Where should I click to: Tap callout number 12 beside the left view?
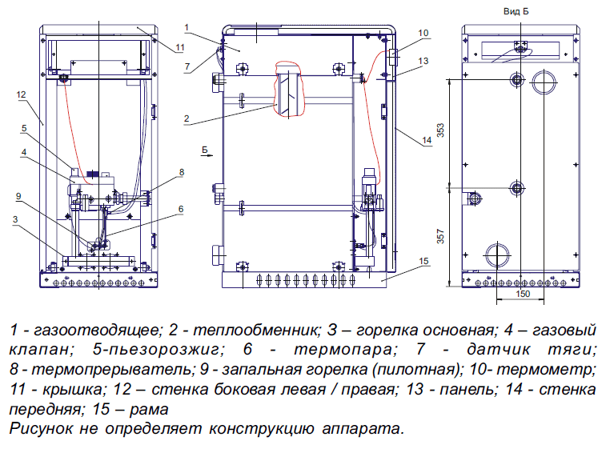coord(21,94)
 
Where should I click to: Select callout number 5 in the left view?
coord(25,126)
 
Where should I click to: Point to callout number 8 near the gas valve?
coord(182,172)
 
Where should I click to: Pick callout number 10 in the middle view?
coord(423,33)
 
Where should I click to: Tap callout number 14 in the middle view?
coord(425,141)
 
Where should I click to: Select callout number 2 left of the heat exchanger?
coord(186,119)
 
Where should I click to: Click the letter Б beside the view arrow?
coord(205,149)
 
